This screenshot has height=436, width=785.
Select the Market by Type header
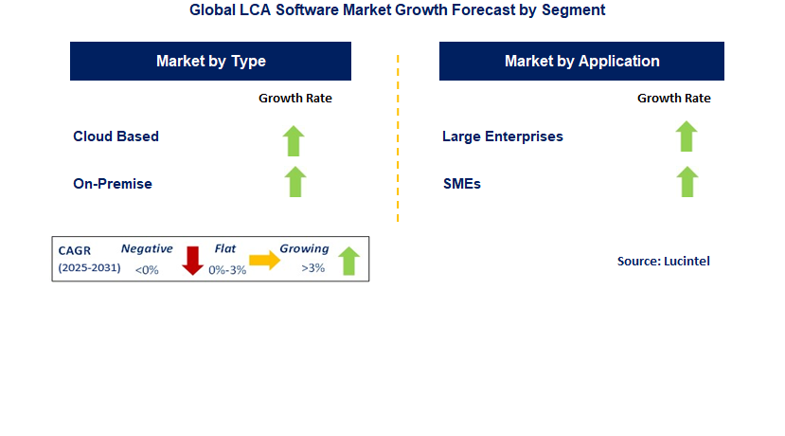tap(210, 62)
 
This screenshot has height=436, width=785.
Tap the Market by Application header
tap(581, 62)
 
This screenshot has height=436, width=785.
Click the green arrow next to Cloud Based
tap(294, 140)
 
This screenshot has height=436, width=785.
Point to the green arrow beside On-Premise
tap(295, 181)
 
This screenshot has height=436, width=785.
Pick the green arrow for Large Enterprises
tap(687, 136)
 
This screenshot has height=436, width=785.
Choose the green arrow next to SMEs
tap(687, 181)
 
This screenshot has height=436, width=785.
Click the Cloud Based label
tap(116, 136)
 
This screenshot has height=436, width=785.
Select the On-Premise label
tap(112, 184)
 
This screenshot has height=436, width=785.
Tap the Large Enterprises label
tap(502, 136)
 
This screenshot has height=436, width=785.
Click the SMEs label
tap(461, 184)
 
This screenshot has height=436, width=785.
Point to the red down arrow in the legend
tap(193, 260)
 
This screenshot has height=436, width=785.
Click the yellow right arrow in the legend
tap(264, 261)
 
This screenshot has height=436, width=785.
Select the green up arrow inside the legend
tap(348, 261)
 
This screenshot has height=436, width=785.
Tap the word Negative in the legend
tap(147, 249)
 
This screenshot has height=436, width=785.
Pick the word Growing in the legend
tap(303, 249)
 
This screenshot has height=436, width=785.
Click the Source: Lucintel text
tap(663, 262)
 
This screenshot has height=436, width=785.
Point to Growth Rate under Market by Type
tap(295, 98)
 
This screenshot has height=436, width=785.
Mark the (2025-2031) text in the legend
tap(90, 268)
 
